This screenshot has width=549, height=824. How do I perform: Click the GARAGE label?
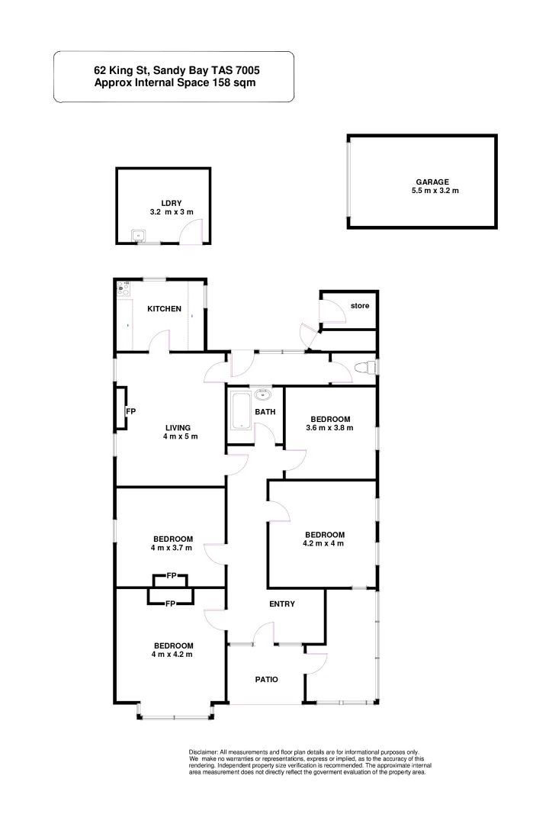[435, 182]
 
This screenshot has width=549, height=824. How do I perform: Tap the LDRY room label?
[161, 202]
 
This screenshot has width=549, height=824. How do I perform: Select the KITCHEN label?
[164, 308]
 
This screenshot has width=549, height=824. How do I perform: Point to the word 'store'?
[360, 306]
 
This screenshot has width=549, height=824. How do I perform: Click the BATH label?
[265, 412]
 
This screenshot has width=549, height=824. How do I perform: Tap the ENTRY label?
[282, 604]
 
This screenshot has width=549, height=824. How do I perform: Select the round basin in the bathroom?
[264, 394]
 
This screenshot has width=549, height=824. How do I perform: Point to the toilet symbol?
[367, 368]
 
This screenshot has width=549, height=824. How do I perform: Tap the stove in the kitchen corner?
[123, 289]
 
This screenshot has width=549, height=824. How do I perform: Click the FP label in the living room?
[130, 411]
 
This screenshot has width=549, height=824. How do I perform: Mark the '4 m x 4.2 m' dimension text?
[172, 655]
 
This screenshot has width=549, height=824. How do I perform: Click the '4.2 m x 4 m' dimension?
[325, 543]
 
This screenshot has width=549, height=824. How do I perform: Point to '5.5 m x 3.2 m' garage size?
[435, 191]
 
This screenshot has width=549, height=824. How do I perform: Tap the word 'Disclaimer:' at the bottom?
[203, 752]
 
